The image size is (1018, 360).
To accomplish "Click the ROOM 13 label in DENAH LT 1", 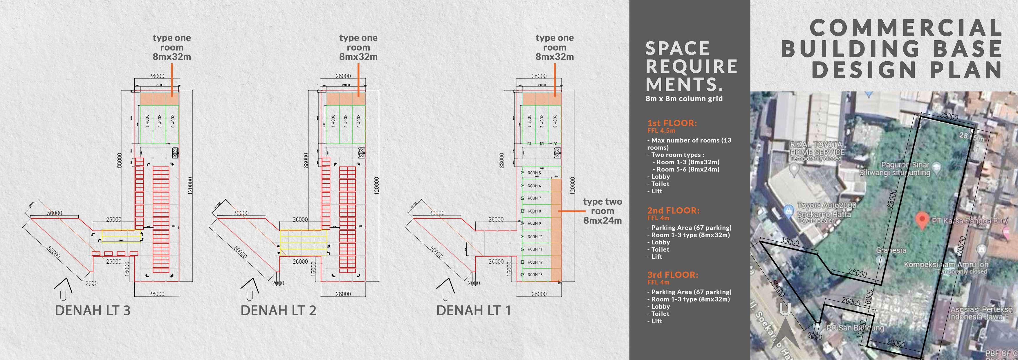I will click(535, 275).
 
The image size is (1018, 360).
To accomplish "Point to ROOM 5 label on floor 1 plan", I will click(534, 173).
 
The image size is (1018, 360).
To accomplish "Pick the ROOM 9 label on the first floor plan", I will click(534, 224).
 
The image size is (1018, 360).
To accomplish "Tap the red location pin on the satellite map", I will click(922, 221).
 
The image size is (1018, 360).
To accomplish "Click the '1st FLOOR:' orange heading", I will click(672, 123).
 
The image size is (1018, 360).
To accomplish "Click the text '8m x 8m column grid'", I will click(684, 99).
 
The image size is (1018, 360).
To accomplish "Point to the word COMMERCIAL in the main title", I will click(906, 28).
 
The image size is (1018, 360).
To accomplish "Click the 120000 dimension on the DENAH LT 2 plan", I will click(377, 185).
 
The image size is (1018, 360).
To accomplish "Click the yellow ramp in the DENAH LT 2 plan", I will click(304, 243).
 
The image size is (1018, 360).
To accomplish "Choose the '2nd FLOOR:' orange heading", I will click(673, 210).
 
